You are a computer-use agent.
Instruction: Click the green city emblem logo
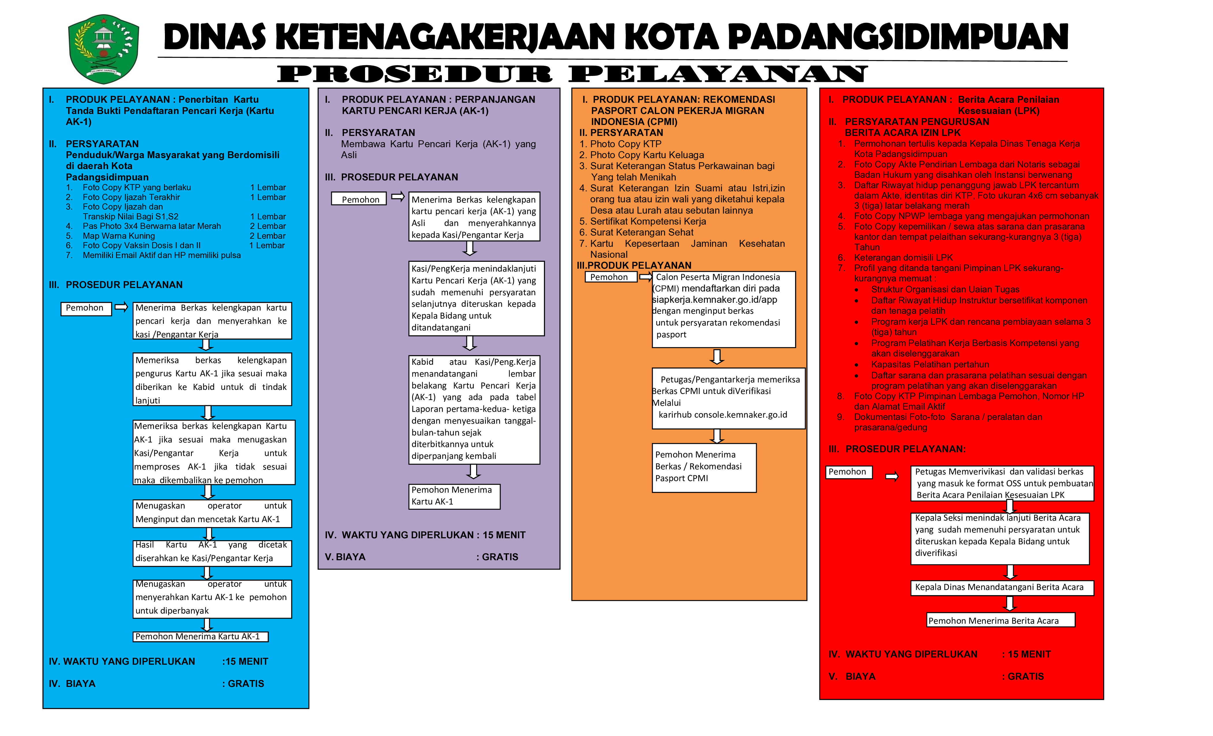click(x=104, y=49)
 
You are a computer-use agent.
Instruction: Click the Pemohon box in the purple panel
click(x=359, y=199)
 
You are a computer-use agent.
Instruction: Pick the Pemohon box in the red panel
click(x=848, y=472)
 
